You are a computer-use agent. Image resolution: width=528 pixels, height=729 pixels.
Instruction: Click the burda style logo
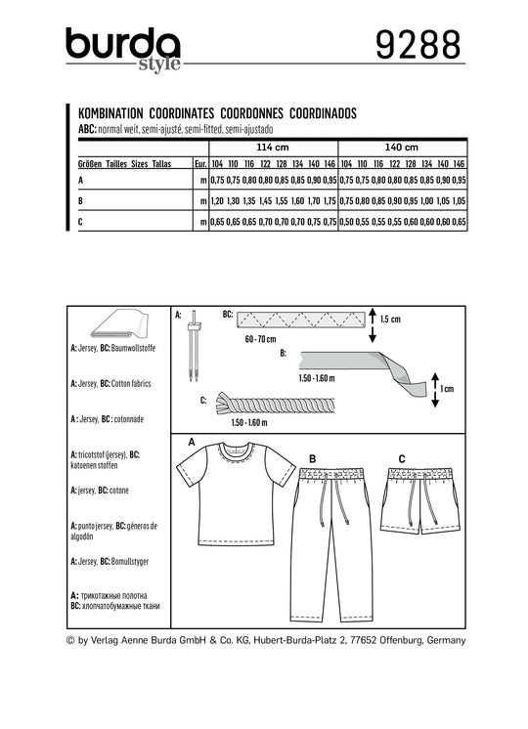tap(123, 49)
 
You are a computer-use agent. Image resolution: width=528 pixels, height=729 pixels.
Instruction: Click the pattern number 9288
tap(418, 45)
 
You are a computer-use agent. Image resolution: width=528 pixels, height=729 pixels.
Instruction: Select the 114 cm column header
tap(273, 148)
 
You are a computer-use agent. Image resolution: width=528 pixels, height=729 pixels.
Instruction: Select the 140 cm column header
tap(402, 148)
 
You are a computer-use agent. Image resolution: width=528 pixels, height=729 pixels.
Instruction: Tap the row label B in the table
tap(80, 201)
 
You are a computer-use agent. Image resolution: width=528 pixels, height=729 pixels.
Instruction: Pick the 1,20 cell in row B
tap(217, 201)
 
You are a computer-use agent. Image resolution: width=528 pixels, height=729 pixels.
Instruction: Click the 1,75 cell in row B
tap(330, 201)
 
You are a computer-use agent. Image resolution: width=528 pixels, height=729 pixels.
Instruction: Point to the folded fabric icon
tap(119, 324)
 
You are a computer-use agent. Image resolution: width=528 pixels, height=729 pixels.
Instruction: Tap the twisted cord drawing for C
tap(275, 404)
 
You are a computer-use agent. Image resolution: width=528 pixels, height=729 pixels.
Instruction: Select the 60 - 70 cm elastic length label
tap(260, 339)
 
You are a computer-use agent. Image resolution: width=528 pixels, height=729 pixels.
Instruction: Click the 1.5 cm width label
tap(390, 320)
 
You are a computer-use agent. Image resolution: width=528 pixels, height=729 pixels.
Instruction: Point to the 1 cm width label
tap(447, 389)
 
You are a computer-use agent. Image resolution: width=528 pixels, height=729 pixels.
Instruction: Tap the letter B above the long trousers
tap(313, 459)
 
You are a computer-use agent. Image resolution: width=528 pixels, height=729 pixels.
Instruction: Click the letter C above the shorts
tap(402, 459)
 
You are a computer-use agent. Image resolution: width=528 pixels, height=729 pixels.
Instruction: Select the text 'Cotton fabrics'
tap(131, 384)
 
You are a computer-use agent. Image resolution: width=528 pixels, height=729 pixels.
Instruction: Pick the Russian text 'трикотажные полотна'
tap(114, 595)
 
